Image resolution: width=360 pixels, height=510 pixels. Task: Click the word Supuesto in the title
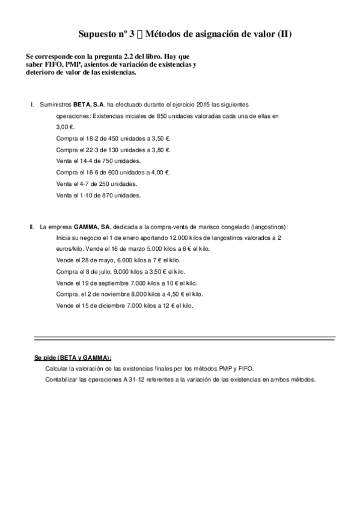[99, 35]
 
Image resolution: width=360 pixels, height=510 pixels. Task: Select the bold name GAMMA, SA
[92, 227]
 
